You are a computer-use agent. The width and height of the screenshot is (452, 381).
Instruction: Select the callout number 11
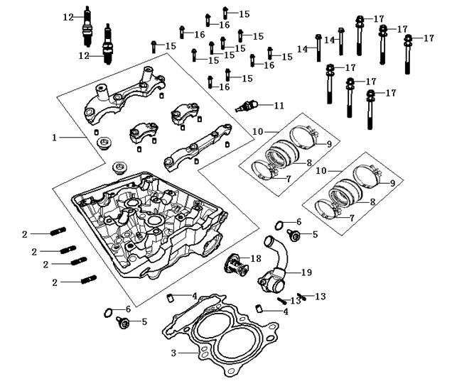pyautogui.click(x=279, y=105)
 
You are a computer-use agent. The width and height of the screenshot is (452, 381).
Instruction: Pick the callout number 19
pyautogui.click(x=307, y=272)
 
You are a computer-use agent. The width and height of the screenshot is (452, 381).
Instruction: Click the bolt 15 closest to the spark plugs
pyautogui.click(x=154, y=47)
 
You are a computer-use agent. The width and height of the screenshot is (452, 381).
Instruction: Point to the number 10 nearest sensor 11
pyautogui.click(x=258, y=132)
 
